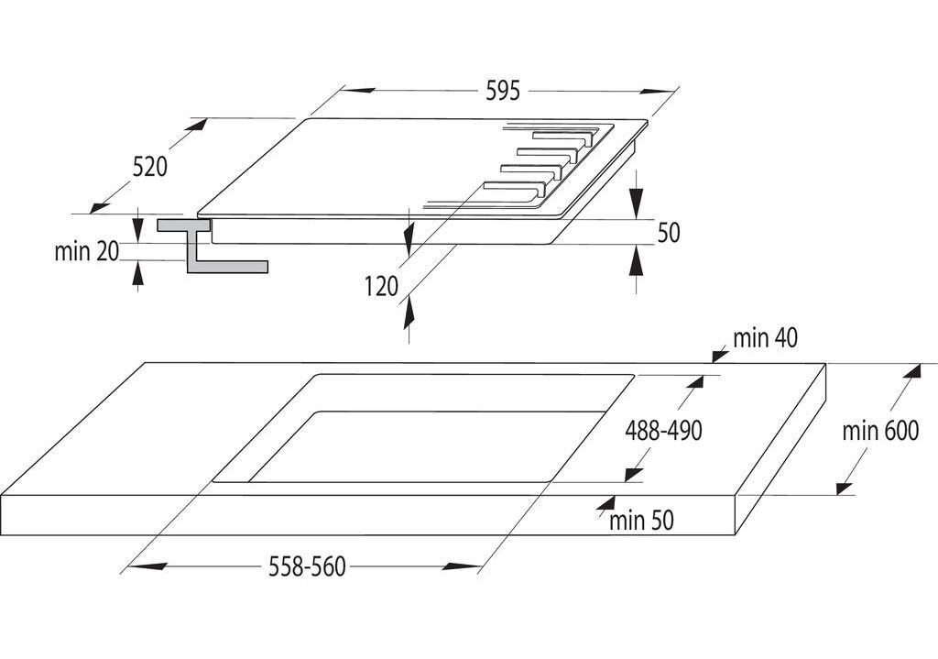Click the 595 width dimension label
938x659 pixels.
[x=503, y=90]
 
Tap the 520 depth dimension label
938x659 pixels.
[x=149, y=166]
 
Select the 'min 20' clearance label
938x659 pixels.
[x=87, y=252]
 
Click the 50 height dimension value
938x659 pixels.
[x=669, y=233]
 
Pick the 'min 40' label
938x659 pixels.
[x=765, y=338]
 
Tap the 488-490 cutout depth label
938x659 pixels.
[x=663, y=430]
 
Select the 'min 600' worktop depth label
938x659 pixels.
[x=879, y=431]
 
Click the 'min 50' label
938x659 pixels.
[x=641, y=522]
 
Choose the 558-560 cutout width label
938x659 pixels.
[x=308, y=567]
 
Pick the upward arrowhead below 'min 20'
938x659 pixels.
[x=137, y=272]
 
